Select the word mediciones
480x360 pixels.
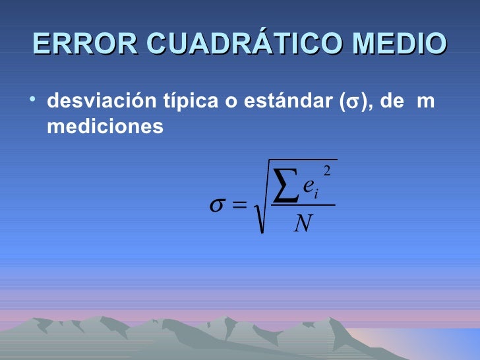pyautogui.click(x=104, y=125)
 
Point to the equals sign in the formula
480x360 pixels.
pyautogui.click(x=240, y=206)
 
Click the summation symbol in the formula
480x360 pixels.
pyautogui.click(x=284, y=187)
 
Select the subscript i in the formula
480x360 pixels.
pyautogui.click(x=317, y=194)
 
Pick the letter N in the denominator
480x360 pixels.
pyautogui.click(x=303, y=224)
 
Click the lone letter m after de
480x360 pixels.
pyautogui.click(x=426, y=104)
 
